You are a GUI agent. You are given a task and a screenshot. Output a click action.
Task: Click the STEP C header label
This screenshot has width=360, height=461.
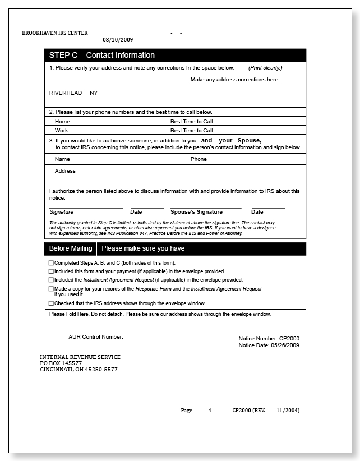pos(63,55)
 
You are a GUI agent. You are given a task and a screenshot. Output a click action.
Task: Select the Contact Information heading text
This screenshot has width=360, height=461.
pos(120,55)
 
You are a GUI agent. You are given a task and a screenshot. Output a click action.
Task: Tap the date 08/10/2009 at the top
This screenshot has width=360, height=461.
pos(118,40)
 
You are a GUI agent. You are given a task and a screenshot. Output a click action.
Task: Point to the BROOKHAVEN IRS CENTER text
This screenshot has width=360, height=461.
pos(55,33)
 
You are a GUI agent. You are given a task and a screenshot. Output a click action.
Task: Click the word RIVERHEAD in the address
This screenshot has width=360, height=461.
pos(66,93)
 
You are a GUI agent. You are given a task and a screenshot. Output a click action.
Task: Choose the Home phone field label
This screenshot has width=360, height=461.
pos(62,121)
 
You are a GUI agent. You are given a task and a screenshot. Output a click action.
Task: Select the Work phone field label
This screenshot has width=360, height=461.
pos(62,130)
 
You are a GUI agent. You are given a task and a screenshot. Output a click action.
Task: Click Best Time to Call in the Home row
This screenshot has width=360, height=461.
pos(191,121)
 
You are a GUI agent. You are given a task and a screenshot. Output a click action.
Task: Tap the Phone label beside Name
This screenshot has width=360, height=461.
pos(199,159)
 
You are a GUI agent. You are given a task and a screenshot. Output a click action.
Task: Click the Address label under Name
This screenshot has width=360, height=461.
pos(65,171)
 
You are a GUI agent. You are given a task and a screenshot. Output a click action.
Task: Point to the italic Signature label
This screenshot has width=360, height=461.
pos(61,212)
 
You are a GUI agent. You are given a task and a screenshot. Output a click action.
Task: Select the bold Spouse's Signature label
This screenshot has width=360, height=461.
pos(196,212)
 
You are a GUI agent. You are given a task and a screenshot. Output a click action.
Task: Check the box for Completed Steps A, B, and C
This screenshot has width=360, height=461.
pos(51,263)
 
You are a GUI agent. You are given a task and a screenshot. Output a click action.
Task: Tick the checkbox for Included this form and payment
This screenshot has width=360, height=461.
pos(51,271)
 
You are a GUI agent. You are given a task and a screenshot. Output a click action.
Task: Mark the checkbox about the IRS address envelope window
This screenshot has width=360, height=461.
pos(51,303)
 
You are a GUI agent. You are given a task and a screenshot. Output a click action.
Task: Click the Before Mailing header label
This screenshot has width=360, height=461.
pos(71,248)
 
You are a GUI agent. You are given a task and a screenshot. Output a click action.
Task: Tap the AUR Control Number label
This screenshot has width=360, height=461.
pos(95,337)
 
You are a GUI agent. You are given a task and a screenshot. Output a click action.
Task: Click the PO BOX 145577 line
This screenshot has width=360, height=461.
pos(64,363)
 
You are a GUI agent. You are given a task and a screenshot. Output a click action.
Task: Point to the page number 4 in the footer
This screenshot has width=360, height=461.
pos(210,411)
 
